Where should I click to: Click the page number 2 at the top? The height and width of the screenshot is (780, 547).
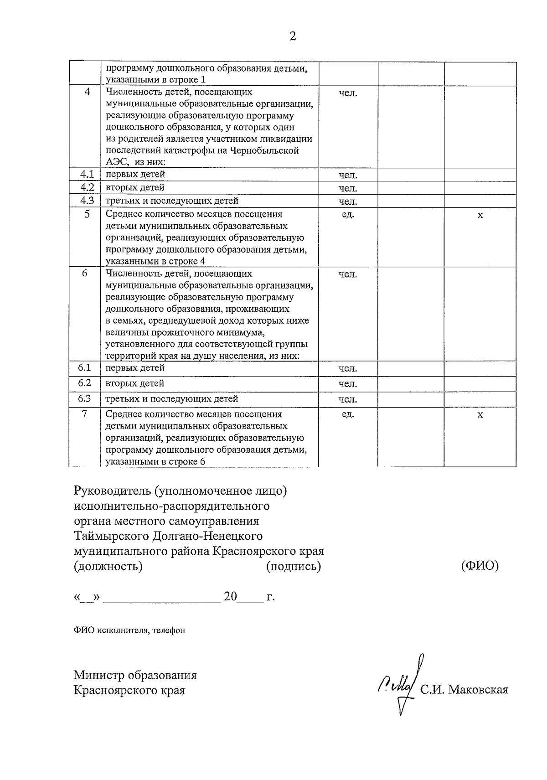pyautogui.click(x=293, y=36)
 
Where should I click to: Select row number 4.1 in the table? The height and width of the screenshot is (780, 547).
pyautogui.click(x=87, y=175)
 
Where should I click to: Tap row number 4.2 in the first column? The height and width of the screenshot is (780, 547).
pyautogui.click(x=87, y=188)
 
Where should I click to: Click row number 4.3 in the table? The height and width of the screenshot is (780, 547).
pyautogui.click(x=87, y=201)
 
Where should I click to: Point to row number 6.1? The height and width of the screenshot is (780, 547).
pyautogui.click(x=85, y=368)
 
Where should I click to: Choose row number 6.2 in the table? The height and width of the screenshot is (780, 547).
pyautogui.click(x=85, y=383)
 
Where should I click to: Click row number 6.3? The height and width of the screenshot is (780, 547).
pyautogui.click(x=85, y=399)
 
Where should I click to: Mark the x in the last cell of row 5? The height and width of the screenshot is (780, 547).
pyautogui.click(x=480, y=215)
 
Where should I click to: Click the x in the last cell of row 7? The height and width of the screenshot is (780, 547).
pyautogui.click(x=480, y=415)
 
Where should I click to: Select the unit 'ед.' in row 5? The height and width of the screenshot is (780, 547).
pyautogui.click(x=348, y=215)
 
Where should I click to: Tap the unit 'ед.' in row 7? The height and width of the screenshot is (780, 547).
pyautogui.click(x=348, y=414)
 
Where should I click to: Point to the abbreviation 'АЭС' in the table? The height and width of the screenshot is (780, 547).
pyautogui.click(x=115, y=163)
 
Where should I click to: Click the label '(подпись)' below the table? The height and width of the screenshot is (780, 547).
pyautogui.click(x=293, y=566)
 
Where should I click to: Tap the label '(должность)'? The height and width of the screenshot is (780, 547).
pyautogui.click(x=108, y=566)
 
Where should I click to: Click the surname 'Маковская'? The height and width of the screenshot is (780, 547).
pyautogui.click(x=478, y=690)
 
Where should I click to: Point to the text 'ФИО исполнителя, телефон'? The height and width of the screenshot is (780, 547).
pyautogui.click(x=129, y=630)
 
